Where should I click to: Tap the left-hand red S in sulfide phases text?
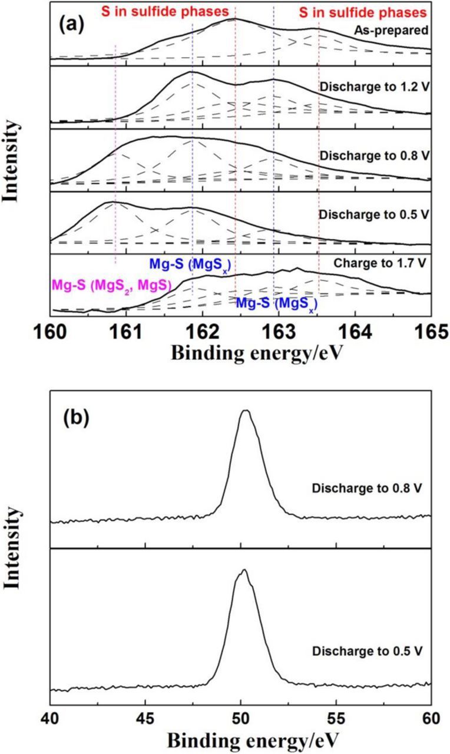point(167,12)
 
